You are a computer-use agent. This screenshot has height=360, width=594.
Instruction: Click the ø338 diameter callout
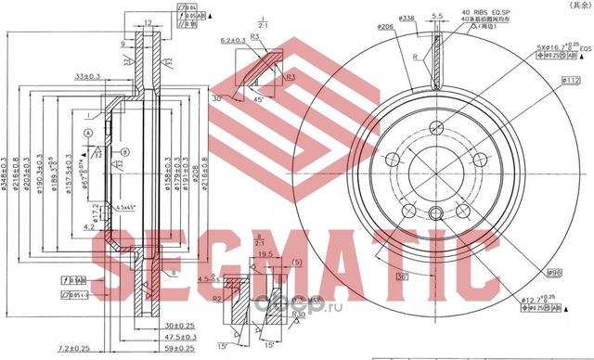click(x=406, y=18)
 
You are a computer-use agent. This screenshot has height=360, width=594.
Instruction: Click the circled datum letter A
click(x=88, y=134)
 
